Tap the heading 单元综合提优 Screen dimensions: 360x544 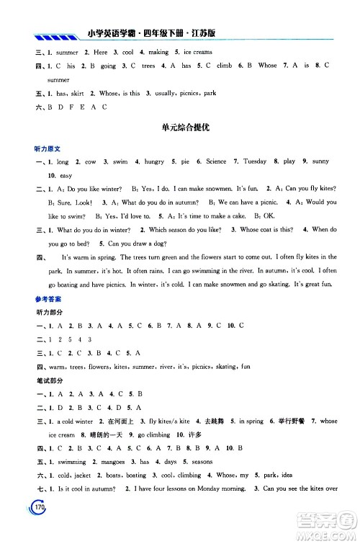180,128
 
